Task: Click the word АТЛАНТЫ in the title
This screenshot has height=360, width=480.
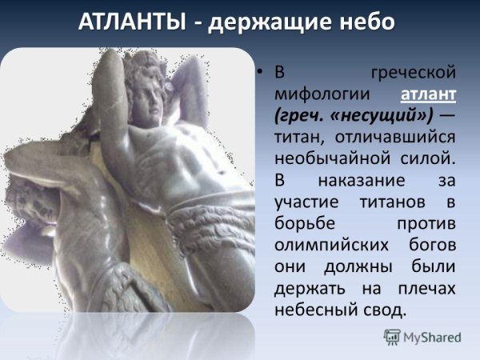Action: [x=131, y=22]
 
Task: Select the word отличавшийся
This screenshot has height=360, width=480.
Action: [x=398, y=137]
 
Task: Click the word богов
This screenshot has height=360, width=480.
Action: [x=429, y=244]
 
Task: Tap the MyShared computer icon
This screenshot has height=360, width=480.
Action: [x=393, y=337]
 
